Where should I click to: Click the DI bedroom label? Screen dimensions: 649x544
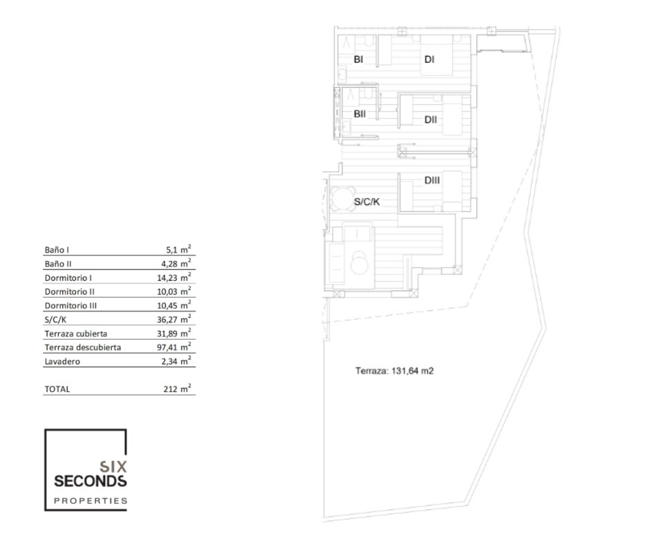coord(429,59)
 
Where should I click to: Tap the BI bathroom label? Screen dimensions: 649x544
coord(358,59)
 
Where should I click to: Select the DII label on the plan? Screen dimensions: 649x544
coord(430,120)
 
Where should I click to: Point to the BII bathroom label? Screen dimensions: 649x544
coord(360,114)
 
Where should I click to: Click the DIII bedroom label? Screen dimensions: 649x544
coord(432,180)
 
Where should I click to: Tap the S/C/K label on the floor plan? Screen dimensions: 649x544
coord(367,202)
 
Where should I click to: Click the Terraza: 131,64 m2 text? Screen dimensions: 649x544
coord(394,371)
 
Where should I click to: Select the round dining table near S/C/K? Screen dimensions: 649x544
coord(343,199)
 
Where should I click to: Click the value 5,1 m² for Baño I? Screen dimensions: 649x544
coord(178,249)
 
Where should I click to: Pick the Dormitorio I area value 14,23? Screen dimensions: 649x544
coord(174,278)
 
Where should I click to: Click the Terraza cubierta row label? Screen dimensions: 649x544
coord(76,333)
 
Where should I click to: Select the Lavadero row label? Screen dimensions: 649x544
coord(62,362)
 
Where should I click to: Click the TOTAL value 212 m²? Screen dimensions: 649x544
coord(177,389)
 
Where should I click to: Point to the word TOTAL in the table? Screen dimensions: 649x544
coord(57,389)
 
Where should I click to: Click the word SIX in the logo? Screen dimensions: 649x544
coord(113,467)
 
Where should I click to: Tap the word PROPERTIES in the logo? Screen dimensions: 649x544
coord(90,501)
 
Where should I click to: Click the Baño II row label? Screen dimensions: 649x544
coord(58,264)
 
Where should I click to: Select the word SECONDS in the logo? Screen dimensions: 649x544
coord(90,481)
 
